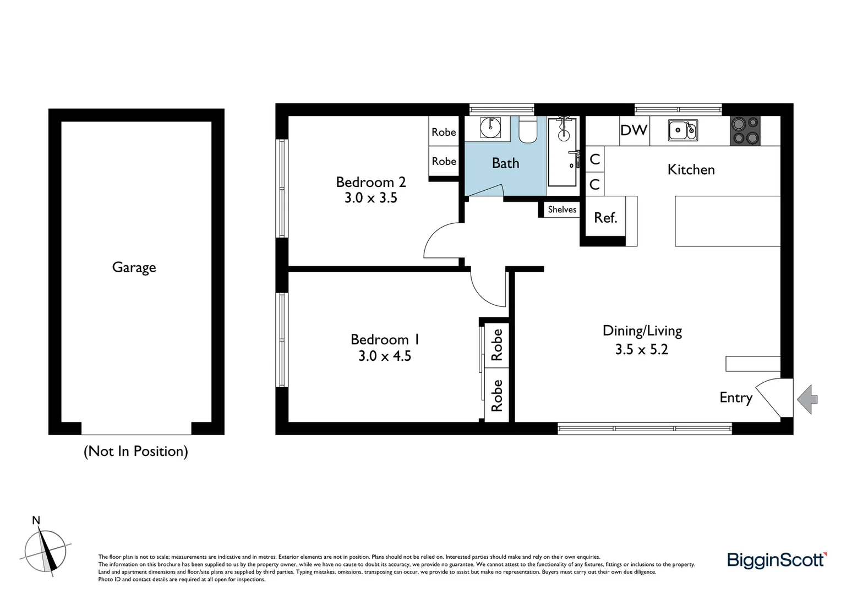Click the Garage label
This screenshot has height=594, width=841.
coord(134,267)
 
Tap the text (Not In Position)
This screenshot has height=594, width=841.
coord(135,451)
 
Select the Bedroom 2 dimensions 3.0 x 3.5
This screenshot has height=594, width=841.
coord(370,198)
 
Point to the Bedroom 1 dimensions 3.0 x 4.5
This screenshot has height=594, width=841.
coord(384,356)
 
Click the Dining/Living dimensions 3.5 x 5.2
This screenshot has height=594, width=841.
coord(641,349)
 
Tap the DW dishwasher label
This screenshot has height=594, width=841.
coord(634,130)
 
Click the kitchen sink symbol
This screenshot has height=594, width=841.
coord(682,130)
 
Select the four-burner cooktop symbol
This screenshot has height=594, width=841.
coord(745,131)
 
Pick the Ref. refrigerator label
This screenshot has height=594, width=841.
coord(605,218)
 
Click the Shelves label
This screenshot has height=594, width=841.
coord(562,210)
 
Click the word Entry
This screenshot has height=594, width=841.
coord(735,398)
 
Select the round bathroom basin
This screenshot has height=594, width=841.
coord(490,127)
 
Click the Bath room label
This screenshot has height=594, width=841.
coord(505,163)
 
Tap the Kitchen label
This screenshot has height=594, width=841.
coord(691,169)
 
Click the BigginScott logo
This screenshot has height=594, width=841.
coord(777,560)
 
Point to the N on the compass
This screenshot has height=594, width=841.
coord(36,520)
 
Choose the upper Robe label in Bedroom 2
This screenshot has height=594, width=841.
coord(444,132)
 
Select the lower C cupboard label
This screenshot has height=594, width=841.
coord(594,184)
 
